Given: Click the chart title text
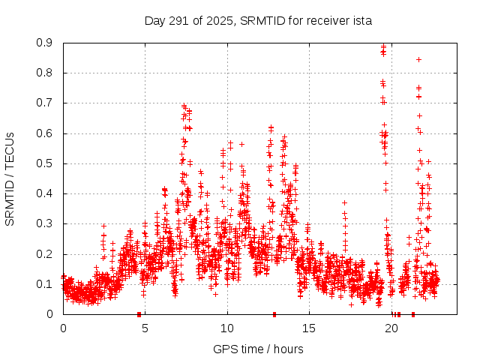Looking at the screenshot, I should (258, 20).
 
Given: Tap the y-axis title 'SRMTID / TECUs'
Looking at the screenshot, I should (10, 178).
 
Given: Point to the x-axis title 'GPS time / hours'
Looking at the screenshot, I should (258, 349).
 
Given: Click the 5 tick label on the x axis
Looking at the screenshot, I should (145, 328).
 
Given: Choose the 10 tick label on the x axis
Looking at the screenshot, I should (227, 328).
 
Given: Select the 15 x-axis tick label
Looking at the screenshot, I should (310, 328).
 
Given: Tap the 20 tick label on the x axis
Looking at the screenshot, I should (392, 328).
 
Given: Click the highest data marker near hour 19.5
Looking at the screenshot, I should (384, 46).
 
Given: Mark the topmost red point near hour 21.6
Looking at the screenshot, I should (418, 59).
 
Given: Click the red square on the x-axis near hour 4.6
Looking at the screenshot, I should (139, 314).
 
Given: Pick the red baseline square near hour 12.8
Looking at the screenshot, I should (274, 314).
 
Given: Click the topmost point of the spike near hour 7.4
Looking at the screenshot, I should (184, 106).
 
